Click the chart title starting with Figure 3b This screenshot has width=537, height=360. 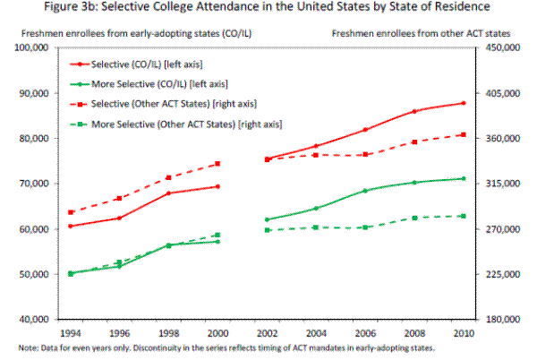(268, 10)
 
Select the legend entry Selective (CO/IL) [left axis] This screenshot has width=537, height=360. (162, 65)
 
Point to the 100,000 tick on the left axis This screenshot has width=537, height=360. (39, 47)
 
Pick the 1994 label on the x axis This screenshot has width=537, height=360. (70, 332)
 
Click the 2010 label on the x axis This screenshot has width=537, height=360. (462, 332)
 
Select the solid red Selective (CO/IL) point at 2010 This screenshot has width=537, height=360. (462, 103)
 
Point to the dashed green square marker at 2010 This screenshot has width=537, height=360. (462, 216)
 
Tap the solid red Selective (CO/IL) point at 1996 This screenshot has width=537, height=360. (119, 218)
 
